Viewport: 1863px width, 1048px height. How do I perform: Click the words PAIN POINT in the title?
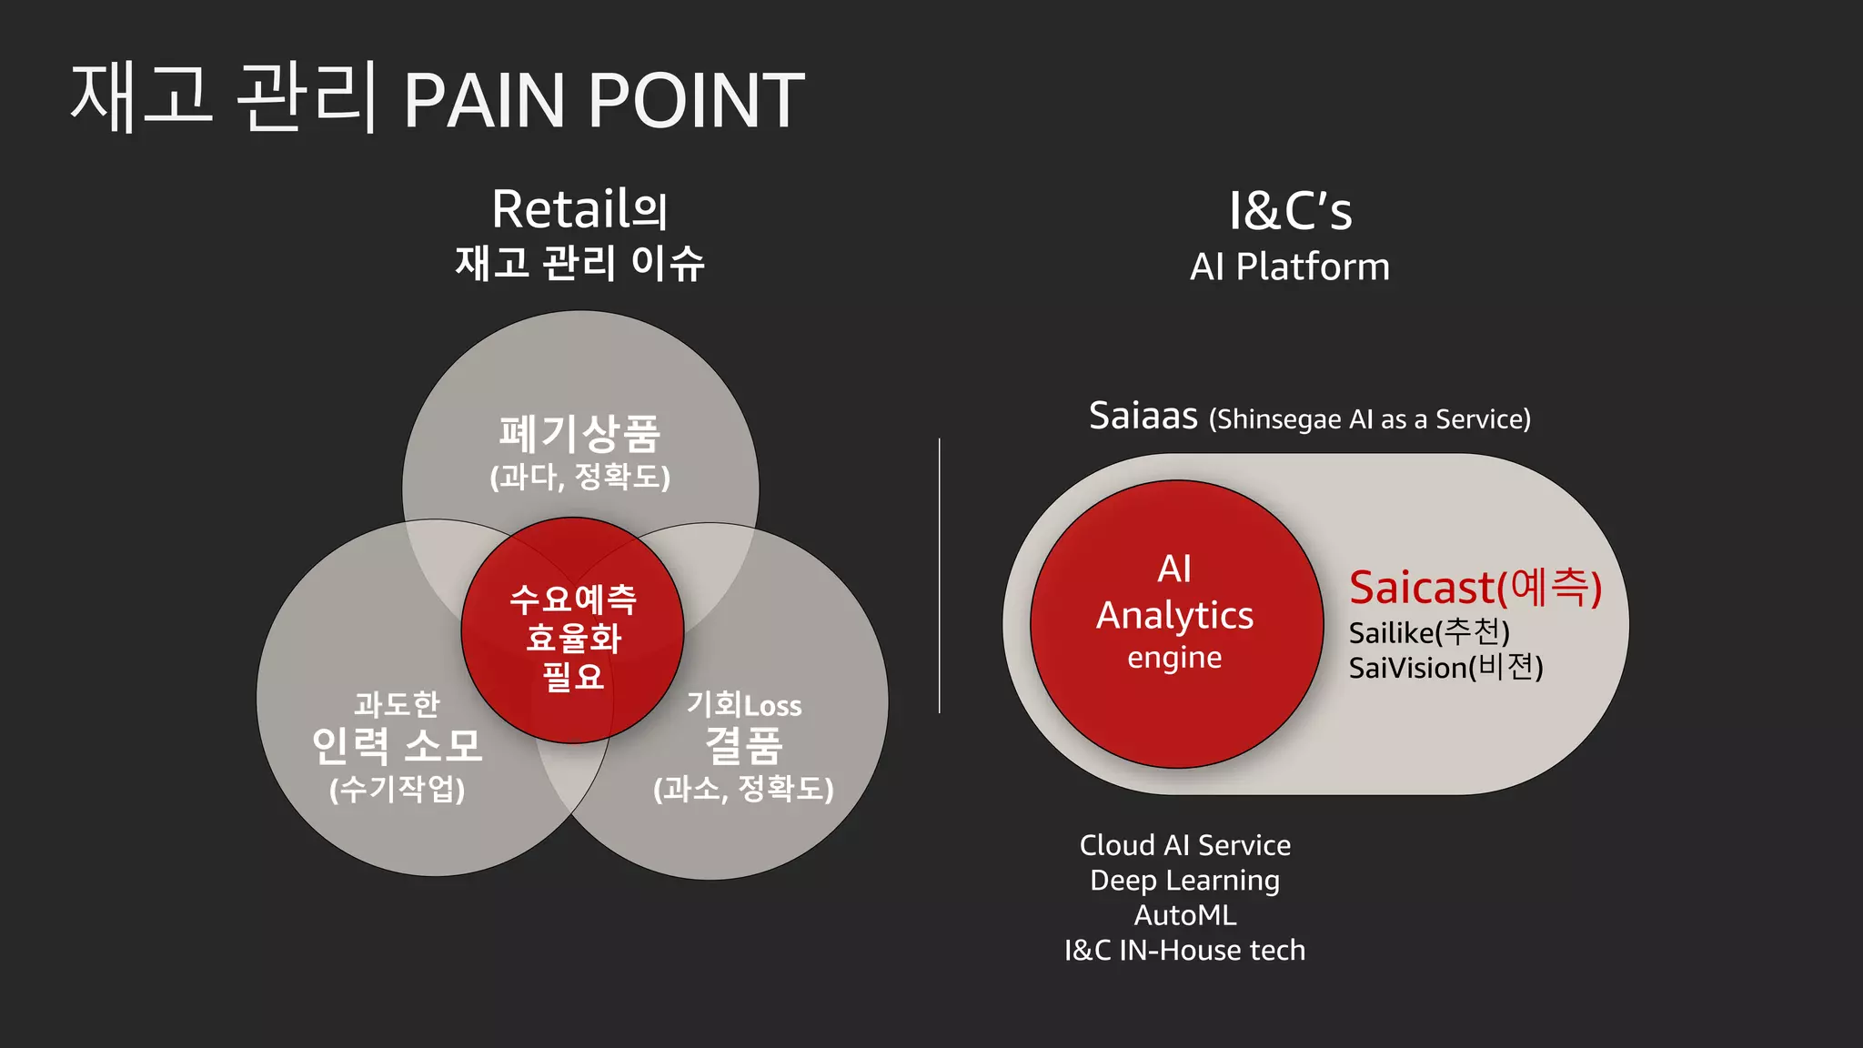coord(604,100)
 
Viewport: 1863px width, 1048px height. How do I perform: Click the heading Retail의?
coord(579,209)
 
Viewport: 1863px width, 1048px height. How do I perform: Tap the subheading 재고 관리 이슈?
coord(579,264)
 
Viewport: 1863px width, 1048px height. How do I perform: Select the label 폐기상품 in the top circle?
coord(579,434)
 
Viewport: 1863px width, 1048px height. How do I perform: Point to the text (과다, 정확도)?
coord(579,477)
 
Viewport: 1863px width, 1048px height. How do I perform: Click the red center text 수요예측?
coord(573,599)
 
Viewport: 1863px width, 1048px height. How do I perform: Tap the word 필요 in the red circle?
coord(573,677)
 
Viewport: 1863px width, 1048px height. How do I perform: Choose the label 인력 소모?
coord(397,746)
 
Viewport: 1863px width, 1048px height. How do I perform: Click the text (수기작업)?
coord(397,788)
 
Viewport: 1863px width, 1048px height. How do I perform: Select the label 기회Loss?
coord(744,705)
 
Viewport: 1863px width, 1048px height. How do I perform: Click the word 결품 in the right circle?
coord(744,746)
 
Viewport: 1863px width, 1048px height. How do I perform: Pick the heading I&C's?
coord(1290,211)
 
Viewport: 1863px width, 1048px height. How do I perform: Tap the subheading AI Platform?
coord(1290,267)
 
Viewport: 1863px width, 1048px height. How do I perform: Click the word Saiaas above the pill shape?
coord(1143,417)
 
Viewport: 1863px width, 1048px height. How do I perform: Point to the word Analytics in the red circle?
coord(1174,616)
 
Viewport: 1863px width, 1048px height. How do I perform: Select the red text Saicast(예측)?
coord(1475,588)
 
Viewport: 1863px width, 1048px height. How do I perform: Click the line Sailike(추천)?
coord(1429,631)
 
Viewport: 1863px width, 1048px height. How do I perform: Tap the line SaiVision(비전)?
coord(1445,668)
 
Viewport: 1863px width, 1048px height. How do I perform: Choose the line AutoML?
coord(1185,915)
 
